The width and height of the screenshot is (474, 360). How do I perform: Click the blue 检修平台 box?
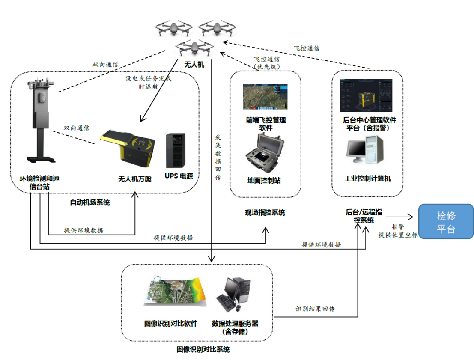click(x=446, y=222)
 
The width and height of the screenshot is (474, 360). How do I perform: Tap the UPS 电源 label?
click(x=179, y=176)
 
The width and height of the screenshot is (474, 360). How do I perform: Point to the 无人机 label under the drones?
click(x=194, y=65)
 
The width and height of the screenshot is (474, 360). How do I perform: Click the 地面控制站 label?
click(x=264, y=180)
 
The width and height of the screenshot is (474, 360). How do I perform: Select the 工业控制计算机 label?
click(x=367, y=178)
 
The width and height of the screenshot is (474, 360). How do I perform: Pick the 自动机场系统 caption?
click(x=89, y=202)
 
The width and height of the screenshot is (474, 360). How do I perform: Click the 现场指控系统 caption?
click(x=265, y=212)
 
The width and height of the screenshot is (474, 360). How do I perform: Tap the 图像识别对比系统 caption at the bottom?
click(x=203, y=349)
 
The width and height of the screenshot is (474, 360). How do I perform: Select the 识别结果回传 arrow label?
click(x=315, y=309)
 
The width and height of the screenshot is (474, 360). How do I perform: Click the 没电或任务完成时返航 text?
click(x=148, y=82)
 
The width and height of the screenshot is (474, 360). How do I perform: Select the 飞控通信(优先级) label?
click(x=266, y=63)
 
